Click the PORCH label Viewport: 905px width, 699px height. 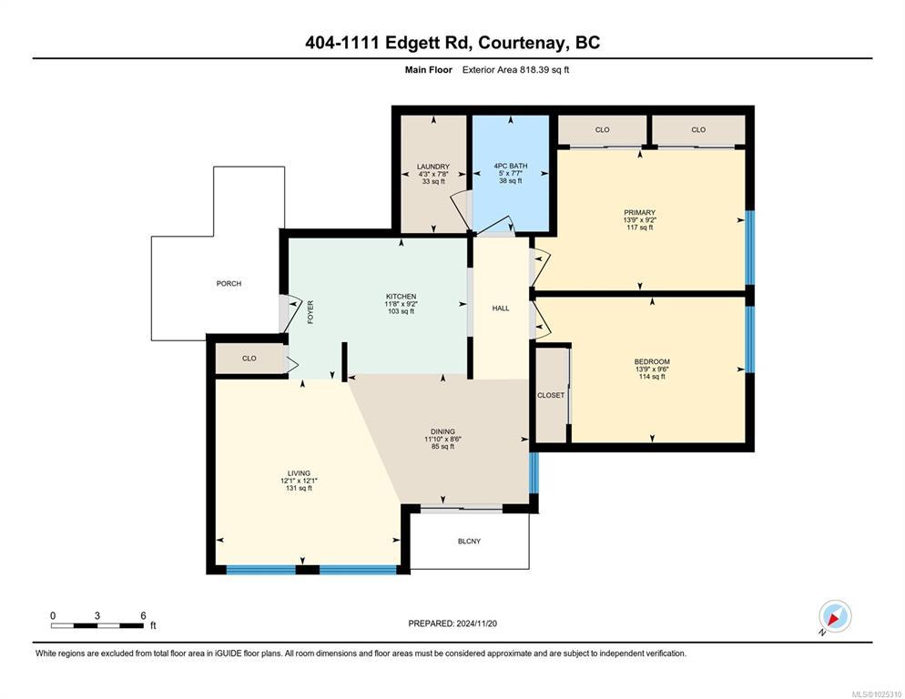(229, 283)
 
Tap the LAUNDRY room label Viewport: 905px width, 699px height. (432, 167)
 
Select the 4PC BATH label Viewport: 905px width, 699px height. (510, 167)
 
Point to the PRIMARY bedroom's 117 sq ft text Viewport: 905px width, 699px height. (639, 228)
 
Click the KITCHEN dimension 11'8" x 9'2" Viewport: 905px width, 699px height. (402, 304)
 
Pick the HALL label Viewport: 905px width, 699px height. (501, 309)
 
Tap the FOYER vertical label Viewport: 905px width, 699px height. (310, 311)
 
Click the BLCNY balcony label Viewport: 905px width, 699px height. (469, 542)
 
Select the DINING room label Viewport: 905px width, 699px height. (442, 431)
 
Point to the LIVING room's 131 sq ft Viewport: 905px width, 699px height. (299, 489)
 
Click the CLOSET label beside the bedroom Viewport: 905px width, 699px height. (551, 395)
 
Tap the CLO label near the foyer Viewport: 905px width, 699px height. (249, 359)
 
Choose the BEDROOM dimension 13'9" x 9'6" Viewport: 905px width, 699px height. (652, 370)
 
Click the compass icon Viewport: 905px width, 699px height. (835, 616)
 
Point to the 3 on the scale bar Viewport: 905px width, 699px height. (97, 616)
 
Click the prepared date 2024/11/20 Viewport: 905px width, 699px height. (477, 623)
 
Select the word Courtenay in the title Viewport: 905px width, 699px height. (524, 42)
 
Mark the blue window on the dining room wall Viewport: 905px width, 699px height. (534, 472)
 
